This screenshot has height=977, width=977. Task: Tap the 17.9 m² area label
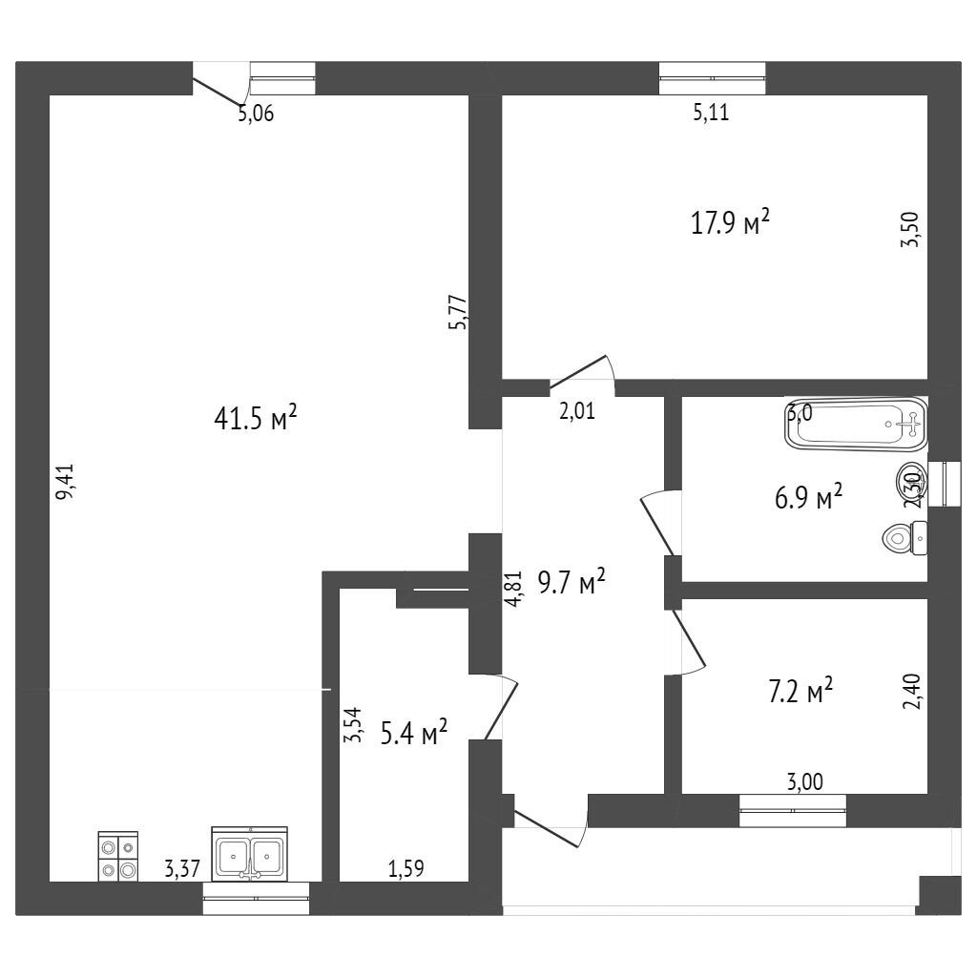(x=730, y=223)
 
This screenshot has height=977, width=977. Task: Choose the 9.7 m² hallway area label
(x=572, y=582)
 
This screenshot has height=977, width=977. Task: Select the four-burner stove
(x=118, y=855)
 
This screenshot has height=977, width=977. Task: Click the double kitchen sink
(x=250, y=855)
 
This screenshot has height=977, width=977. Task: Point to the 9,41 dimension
(x=64, y=481)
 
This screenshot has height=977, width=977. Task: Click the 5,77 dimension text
(x=457, y=312)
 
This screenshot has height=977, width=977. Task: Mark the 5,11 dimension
(x=710, y=114)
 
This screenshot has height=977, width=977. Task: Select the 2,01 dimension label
(x=577, y=412)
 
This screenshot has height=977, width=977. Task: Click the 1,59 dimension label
(x=405, y=868)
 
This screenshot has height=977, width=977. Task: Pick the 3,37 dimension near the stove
(x=182, y=868)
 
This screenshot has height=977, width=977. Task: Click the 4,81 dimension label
(x=514, y=589)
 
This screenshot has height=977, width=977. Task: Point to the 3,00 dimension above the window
(x=804, y=782)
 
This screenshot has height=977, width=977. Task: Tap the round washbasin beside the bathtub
(x=908, y=479)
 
